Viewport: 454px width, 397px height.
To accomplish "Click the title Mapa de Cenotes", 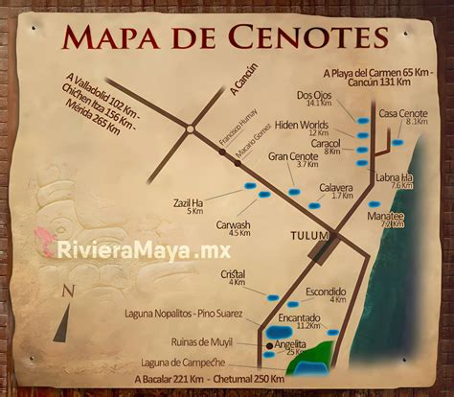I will coord(226,36).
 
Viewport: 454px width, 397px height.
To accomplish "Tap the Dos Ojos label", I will coord(313,94).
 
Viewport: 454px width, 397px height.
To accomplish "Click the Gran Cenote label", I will coord(293,155).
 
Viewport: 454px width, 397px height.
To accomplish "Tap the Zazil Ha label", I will coord(188,202).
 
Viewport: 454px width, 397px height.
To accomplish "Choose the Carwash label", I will coord(233,224).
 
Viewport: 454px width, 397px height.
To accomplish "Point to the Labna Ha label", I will coord(394,177).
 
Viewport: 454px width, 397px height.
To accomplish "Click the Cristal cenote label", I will coord(233,274).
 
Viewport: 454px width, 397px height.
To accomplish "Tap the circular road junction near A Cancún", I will coord(193,127).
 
